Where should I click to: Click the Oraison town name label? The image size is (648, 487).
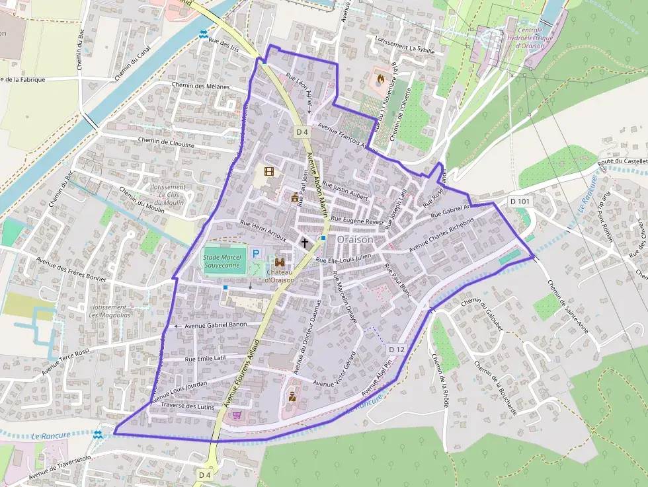pos(355,239)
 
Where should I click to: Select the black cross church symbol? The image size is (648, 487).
pos(305,243)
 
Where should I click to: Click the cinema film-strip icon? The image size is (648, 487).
pos(268,172)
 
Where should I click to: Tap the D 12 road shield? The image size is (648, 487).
pos(397,349)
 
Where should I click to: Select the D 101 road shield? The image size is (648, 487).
pos(520,200)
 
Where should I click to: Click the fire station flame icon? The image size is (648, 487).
pos(380,79)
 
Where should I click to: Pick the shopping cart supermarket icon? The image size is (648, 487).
pos(237,415)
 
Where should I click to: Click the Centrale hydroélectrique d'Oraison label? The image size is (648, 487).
pos(530,38)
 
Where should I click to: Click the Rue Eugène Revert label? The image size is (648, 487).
pos(357,220)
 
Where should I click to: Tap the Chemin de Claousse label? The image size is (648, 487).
pos(166,142)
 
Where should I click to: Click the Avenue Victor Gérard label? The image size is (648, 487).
pos(346,365)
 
